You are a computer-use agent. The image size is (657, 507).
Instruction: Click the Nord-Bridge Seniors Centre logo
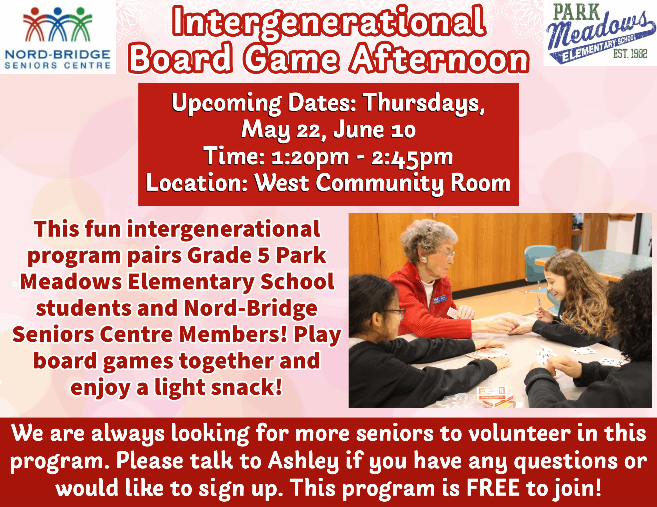(58, 37)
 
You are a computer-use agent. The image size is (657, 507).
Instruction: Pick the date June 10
(374, 130)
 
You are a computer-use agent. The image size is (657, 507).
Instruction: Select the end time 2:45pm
(412, 158)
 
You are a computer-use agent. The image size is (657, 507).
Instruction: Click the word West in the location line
(282, 183)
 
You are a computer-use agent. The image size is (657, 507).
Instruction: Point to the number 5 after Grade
(264, 256)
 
